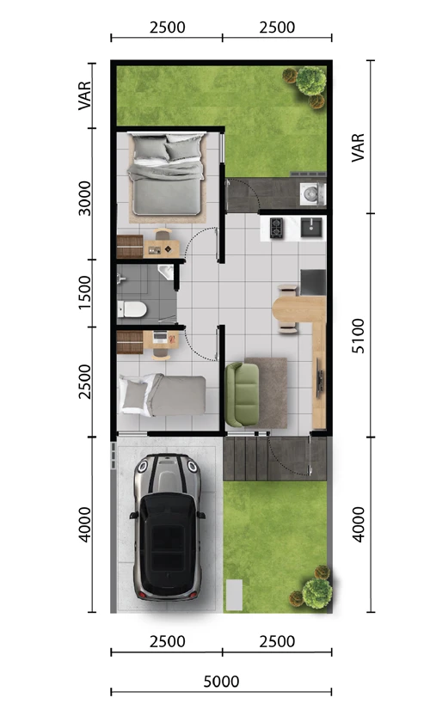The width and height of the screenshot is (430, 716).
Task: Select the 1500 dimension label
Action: pyautogui.click(x=84, y=293)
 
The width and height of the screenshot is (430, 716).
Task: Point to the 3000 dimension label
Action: pyautogui.click(x=84, y=198)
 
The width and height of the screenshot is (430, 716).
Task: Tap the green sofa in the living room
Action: pyautogui.click(x=242, y=392)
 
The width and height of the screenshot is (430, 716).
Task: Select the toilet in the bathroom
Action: pyautogui.click(x=132, y=308)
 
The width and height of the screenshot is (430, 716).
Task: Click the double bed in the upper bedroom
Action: pyautogui.click(x=166, y=172)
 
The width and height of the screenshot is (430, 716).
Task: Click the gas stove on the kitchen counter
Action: pyautogui.click(x=277, y=228)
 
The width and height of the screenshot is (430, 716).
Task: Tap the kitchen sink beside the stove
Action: pyautogui.click(x=311, y=227)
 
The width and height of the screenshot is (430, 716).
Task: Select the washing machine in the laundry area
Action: pyautogui.click(x=310, y=193)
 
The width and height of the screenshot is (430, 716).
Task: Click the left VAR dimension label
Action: pyautogui.click(x=84, y=95)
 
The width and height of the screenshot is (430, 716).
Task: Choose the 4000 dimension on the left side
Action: pyautogui.click(x=84, y=523)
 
